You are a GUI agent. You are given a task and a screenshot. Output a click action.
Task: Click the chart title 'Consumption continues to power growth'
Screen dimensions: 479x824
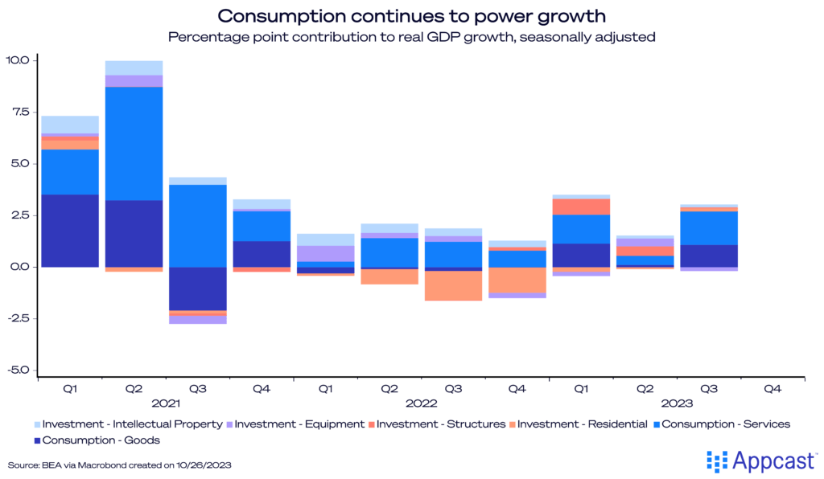tap(412, 16)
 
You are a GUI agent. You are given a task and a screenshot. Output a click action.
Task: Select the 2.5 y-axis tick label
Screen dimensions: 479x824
tap(20, 215)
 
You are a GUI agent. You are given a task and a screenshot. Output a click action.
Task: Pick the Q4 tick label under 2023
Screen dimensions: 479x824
tap(772, 389)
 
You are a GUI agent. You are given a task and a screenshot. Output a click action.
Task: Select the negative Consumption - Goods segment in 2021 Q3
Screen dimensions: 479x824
tap(197, 288)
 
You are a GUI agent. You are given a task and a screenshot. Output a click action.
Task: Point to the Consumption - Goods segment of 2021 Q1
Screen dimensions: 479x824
tap(70, 230)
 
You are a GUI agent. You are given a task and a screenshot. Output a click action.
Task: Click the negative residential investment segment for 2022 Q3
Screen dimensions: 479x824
tap(453, 285)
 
